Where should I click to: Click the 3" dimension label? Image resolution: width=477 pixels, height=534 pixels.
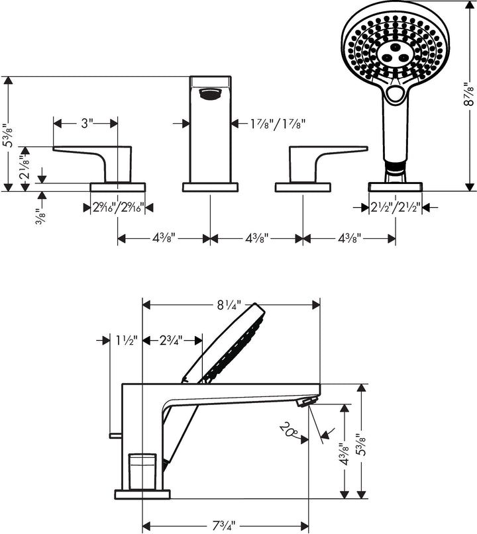pyautogui.click(x=87, y=123)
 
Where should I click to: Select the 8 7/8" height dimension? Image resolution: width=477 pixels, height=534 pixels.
pyautogui.click(x=468, y=94)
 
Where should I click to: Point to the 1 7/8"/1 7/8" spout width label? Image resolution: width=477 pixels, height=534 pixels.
pyautogui.click(x=278, y=123)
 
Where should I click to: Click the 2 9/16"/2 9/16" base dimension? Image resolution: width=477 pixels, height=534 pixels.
pyautogui.click(x=118, y=208)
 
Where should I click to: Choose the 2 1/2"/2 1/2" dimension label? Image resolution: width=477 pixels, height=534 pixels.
pyautogui.click(x=396, y=208)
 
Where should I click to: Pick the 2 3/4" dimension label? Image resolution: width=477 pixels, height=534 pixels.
pyautogui.click(x=172, y=340)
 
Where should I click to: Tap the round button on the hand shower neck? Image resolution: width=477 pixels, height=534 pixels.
pyautogui.click(x=396, y=94)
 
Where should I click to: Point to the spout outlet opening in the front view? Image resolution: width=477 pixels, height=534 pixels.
pyautogui.click(x=210, y=94)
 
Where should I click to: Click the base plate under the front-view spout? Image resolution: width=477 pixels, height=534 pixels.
pyautogui.click(x=210, y=187)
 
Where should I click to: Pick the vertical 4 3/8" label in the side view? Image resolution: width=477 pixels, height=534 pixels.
pyautogui.click(x=342, y=456)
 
